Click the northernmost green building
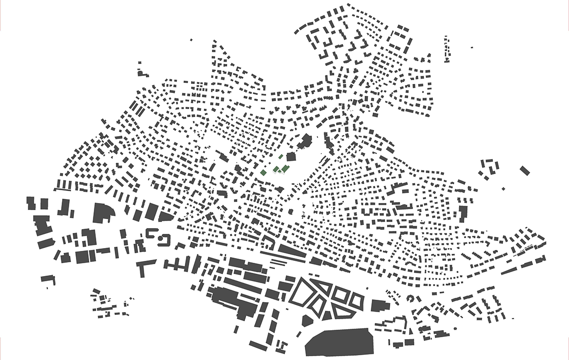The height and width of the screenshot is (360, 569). [281, 156]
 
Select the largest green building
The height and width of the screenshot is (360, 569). [284, 168]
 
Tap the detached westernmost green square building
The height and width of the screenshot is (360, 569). [264, 173]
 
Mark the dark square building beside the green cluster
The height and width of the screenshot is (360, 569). [291, 157]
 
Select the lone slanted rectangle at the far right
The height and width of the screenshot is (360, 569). [524, 170]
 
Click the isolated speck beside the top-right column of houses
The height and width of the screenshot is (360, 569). [471, 47]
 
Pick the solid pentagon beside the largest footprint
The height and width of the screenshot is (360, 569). [306, 321]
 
